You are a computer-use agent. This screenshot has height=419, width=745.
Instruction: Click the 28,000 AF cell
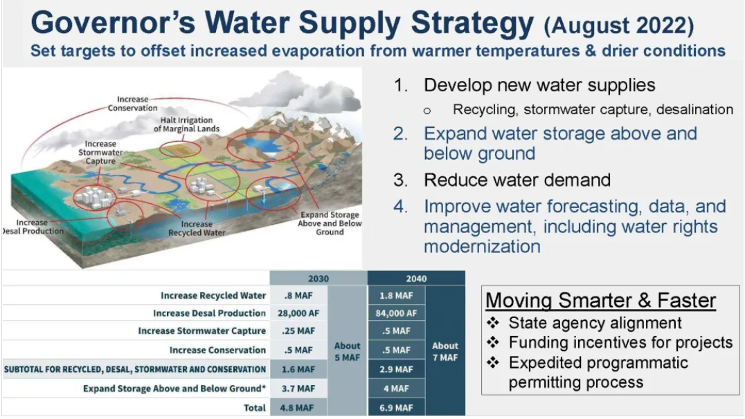coord(298,313)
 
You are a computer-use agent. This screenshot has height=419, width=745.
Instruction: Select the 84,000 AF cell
coord(396,313)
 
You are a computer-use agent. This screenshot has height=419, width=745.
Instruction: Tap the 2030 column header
coord(318,279)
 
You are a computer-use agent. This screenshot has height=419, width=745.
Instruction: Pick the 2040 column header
coord(416,279)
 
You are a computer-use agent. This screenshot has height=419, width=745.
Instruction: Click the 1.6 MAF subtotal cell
coord(298,369)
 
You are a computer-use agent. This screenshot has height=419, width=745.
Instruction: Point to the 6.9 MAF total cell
coord(396,408)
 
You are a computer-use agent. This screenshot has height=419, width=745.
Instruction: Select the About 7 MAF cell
coord(445,351)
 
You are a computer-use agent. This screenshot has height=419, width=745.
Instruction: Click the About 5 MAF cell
coord(348,351)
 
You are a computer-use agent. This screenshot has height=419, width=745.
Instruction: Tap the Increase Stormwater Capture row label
coord(202,330)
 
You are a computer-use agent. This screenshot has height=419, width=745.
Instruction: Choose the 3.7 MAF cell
coord(298,389)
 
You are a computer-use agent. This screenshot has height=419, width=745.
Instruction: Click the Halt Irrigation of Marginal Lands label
coord(186,124)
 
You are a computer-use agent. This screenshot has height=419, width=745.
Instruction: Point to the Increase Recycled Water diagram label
coord(197,228)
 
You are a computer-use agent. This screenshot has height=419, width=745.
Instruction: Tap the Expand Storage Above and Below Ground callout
coord(330,223)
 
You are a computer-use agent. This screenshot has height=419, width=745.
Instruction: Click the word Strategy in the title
coord(472,23)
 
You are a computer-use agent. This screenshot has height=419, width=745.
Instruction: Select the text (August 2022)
coord(619,25)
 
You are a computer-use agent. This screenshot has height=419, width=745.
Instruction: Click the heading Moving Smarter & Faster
coord(600,300)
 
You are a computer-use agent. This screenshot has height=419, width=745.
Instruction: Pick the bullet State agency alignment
coord(595,323)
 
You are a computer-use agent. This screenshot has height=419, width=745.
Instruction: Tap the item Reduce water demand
coord(517,180)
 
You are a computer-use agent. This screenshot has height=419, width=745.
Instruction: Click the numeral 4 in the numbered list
coord(400,207)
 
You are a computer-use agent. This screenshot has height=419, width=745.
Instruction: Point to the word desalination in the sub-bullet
coord(694,110)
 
